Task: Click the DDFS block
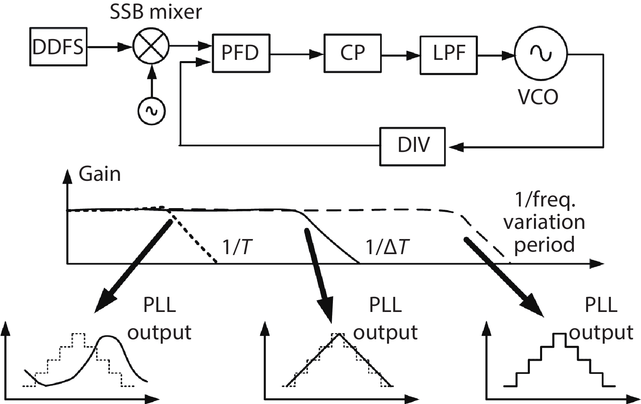[x=58, y=47]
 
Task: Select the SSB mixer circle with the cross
[x=151, y=47]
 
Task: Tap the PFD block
[x=241, y=53]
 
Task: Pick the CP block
[x=352, y=53]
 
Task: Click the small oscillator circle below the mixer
[x=152, y=110]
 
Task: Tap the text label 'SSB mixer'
[x=156, y=12]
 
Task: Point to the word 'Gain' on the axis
[x=100, y=174]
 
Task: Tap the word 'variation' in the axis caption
[x=544, y=222]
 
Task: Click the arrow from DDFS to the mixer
[x=110, y=47]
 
